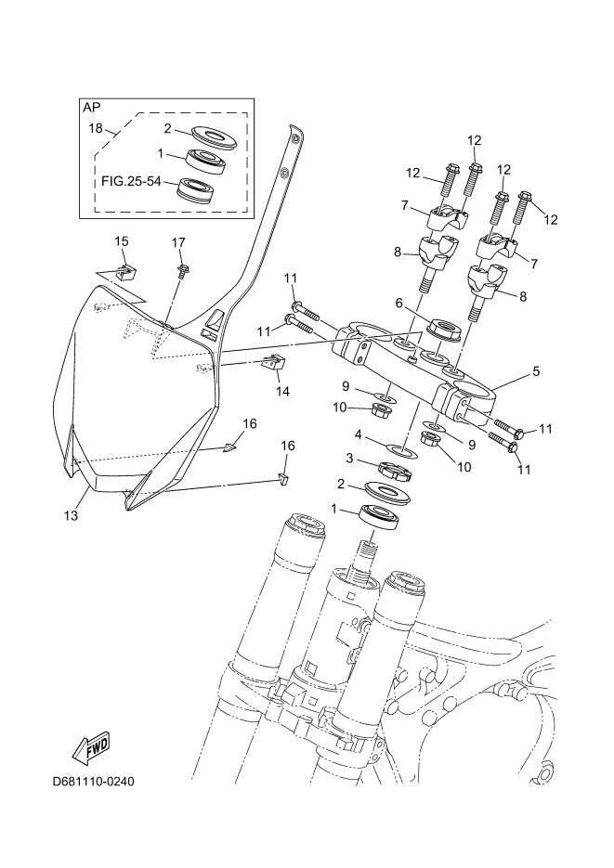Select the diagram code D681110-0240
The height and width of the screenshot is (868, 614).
94,781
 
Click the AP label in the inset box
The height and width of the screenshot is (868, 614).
92,107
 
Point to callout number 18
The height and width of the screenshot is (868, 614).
95,128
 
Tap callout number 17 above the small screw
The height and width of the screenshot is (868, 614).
179,242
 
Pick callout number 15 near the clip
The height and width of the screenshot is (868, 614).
122,241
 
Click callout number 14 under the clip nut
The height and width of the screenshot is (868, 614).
282,391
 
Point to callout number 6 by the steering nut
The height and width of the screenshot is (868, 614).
398,303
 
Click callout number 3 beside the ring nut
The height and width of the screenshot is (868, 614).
350,457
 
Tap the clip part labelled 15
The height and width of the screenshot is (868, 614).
126,272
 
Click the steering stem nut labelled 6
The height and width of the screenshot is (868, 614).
442,329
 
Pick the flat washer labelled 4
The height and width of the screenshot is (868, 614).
400,450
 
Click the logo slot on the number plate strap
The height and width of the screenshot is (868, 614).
213,320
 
